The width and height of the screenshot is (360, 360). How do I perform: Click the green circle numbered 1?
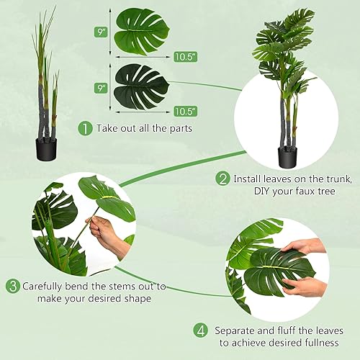click(x=86, y=129)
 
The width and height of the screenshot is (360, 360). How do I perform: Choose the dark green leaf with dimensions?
click(x=142, y=86)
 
